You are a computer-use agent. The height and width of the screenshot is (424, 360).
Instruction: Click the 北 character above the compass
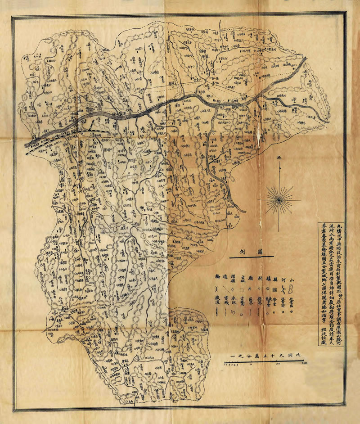point(279,158)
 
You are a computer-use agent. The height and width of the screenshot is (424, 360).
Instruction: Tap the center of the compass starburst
point(279,198)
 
